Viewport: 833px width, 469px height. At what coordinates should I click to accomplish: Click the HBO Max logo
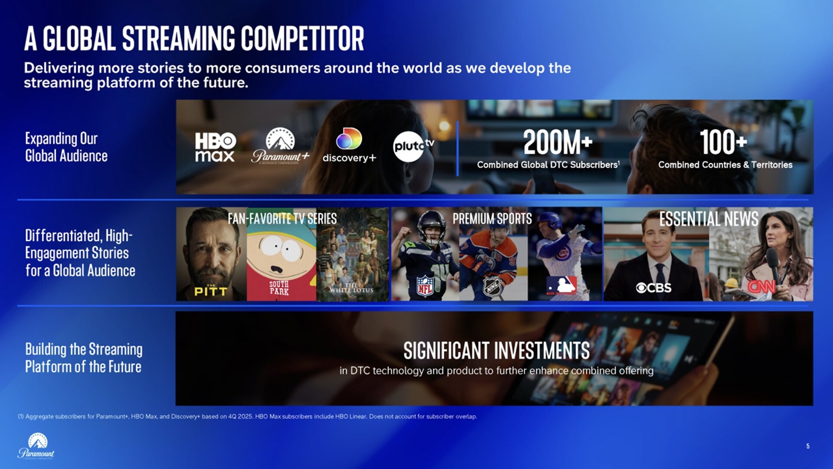pyautogui.click(x=215, y=147)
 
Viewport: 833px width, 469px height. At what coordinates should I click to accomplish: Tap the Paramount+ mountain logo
pyautogui.click(x=280, y=145)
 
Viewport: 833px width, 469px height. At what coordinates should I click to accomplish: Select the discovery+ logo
pyautogui.click(x=349, y=145)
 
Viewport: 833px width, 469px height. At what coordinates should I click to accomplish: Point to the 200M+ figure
pyautogui.click(x=558, y=142)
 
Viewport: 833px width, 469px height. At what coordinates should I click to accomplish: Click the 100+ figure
pyautogui.click(x=723, y=142)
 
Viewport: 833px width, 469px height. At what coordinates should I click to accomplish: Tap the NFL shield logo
pyautogui.click(x=425, y=286)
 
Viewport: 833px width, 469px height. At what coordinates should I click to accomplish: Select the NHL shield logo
pyautogui.click(x=492, y=287)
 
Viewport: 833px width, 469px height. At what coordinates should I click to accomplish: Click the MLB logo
pyautogui.click(x=561, y=285)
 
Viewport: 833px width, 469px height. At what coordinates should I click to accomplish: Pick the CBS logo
pyautogui.click(x=653, y=287)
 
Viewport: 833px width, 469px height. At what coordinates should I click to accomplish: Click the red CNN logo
pyautogui.click(x=761, y=287)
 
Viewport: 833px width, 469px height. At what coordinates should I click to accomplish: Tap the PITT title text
pyautogui.click(x=211, y=291)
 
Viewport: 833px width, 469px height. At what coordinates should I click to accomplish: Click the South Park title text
pyautogui.click(x=279, y=287)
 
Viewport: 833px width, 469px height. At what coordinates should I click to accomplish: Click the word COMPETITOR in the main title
pyautogui.click(x=302, y=38)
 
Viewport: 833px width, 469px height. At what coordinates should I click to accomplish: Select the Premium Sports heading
pyautogui.click(x=492, y=218)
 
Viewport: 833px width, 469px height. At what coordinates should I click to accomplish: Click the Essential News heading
pyautogui.click(x=709, y=219)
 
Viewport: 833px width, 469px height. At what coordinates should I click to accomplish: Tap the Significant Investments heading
pyautogui.click(x=496, y=350)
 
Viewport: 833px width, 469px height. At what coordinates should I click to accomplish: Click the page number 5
pyautogui.click(x=808, y=446)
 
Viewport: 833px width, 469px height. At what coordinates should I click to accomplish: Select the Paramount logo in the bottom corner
pyautogui.click(x=36, y=446)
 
